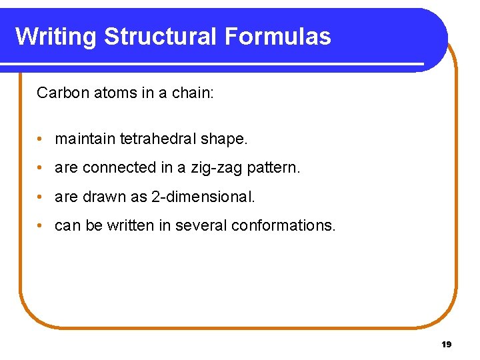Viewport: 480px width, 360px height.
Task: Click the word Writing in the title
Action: click(56, 37)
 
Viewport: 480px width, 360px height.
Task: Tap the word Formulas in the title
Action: click(278, 37)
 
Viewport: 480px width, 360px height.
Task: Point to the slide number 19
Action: click(446, 345)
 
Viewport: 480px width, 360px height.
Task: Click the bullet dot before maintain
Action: click(41, 139)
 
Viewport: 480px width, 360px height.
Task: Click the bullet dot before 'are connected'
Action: click(41, 168)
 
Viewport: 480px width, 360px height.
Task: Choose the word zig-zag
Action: click(217, 168)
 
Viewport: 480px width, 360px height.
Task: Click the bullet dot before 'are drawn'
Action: click(41, 197)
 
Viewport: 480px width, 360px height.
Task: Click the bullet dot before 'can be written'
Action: click(41, 226)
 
